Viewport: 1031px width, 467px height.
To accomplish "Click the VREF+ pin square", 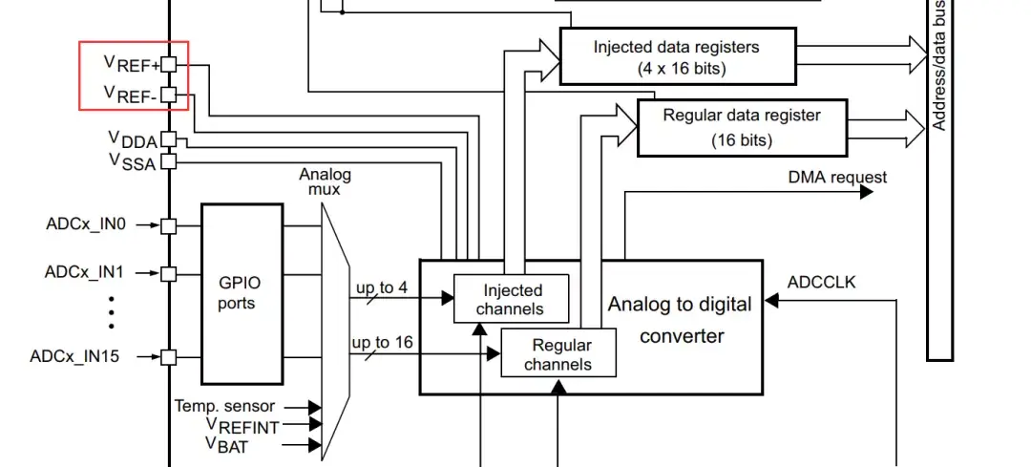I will click(x=169, y=64).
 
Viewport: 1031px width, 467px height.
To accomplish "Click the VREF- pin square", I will click(x=169, y=95).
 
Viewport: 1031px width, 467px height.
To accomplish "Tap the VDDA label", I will click(x=132, y=139).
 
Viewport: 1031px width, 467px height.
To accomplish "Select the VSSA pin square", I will click(x=169, y=161).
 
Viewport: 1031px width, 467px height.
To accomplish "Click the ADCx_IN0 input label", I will click(x=84, y=225).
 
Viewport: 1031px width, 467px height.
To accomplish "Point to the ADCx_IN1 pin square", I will click(x=169, y=273).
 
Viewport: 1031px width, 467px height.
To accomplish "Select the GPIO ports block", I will click(x=242, y=292).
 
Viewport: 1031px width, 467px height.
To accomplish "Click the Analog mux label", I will click(x=325, y=181).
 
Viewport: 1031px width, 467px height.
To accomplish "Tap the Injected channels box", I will click(x=512, y=299).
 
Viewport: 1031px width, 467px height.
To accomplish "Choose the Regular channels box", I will click(x=558, y=354).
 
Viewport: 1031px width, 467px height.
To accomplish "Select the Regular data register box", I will click(x=741, y=127).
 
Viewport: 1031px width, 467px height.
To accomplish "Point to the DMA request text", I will click(x=836, y=178).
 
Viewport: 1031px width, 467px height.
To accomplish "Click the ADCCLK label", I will click(x=822, y=283).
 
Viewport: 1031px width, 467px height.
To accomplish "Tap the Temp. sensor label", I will click(x=225, y=407).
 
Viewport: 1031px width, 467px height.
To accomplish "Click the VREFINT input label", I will click(x=242, y=427).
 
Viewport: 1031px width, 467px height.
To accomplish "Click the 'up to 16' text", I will click(x=383, y=343).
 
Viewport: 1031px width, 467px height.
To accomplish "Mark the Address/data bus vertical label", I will click(x=939, y=67).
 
